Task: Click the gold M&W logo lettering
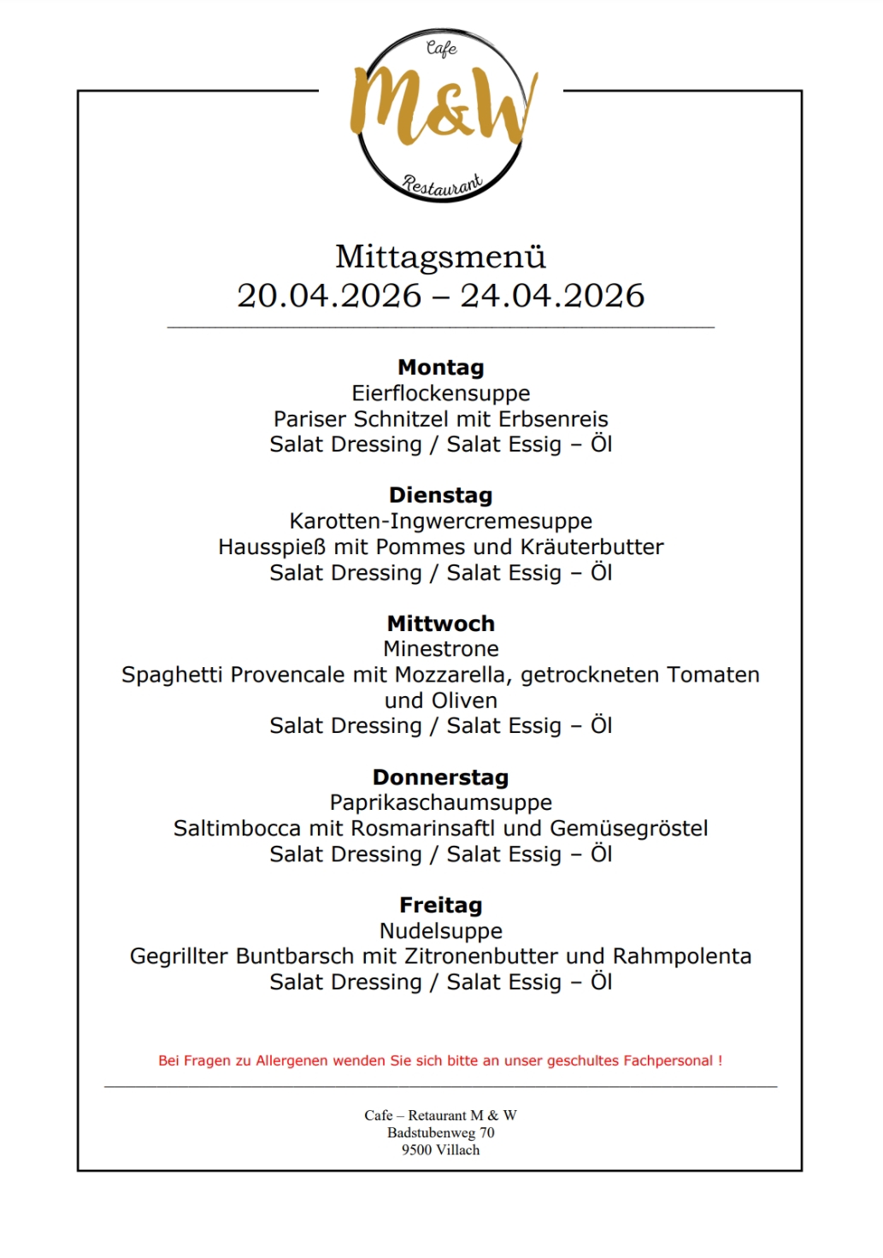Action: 442,108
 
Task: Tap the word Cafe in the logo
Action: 441,48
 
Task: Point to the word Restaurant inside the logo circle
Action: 442,184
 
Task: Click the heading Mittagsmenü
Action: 440,257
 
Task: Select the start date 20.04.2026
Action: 329,296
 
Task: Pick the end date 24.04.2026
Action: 552,296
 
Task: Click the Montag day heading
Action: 441,368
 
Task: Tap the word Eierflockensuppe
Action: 441,393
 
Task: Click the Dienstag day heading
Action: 441,495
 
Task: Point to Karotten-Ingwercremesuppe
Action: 441,521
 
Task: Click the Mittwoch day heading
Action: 441,623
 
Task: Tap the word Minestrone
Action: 441,649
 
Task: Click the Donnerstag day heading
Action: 441,777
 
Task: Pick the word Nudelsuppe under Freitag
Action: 441,930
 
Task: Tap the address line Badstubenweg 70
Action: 441,1132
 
